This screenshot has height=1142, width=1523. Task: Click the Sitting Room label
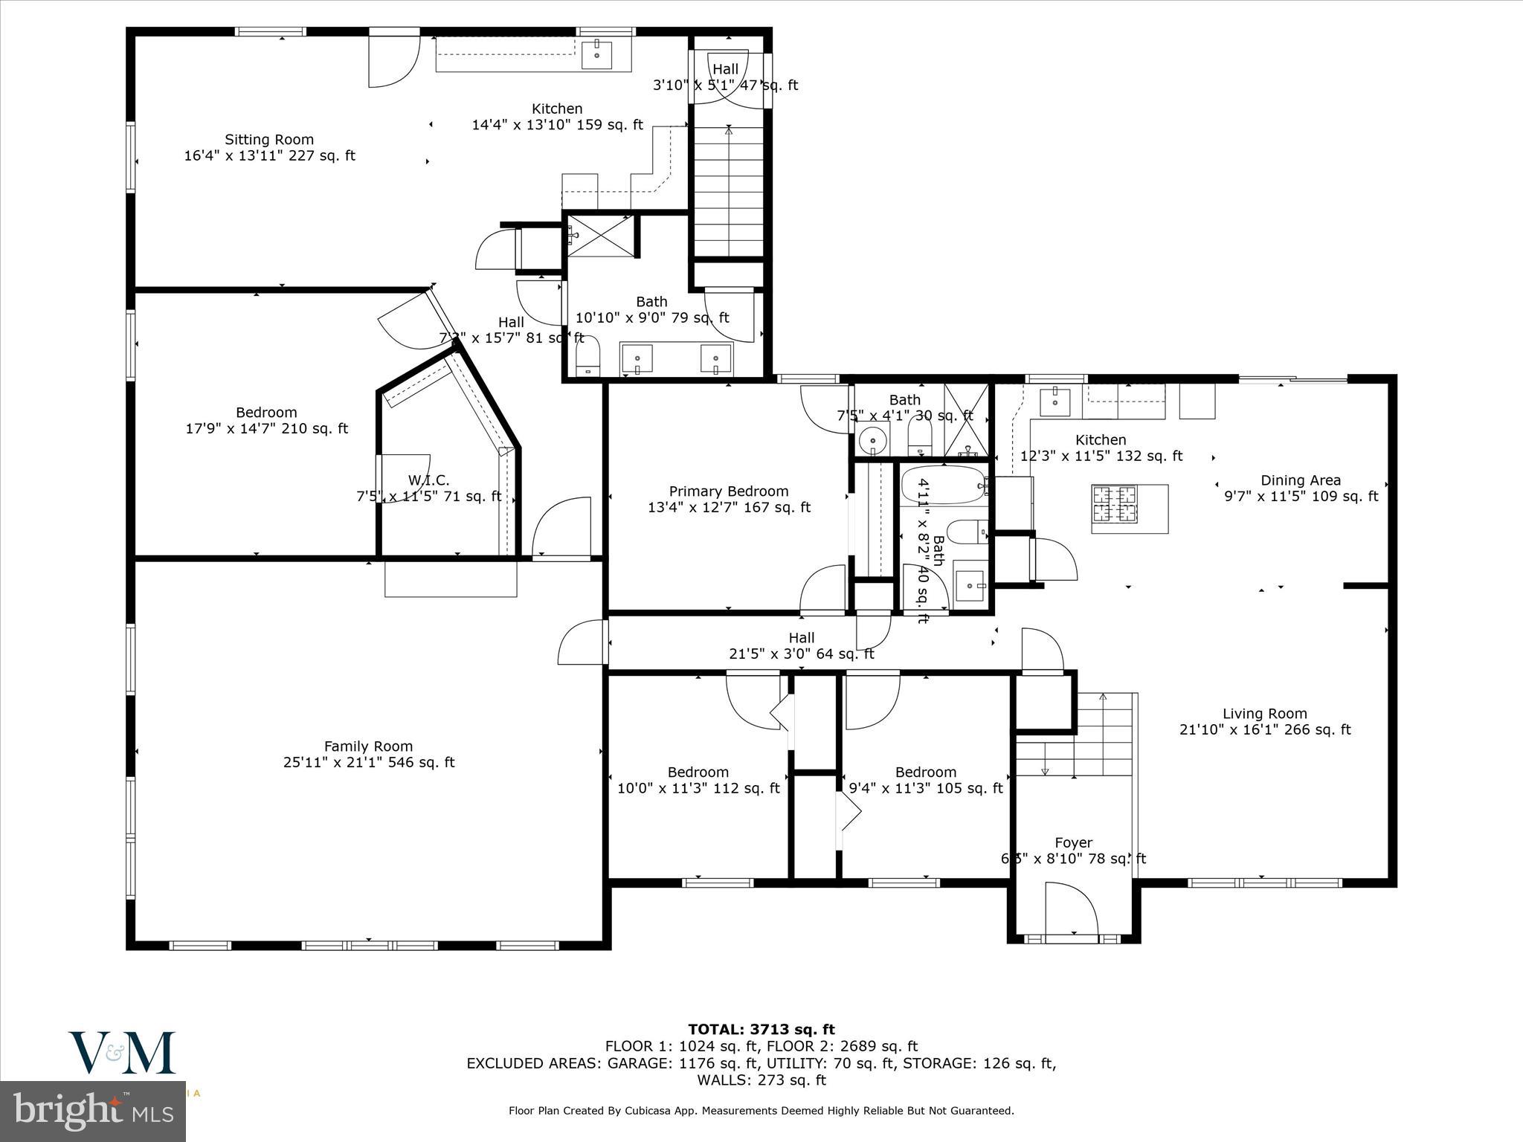[269, 140]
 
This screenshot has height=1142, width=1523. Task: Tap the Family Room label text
[368, 746]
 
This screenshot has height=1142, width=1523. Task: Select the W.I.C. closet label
[428, 480]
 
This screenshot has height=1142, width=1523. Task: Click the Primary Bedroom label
[728, 491]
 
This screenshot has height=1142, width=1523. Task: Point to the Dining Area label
[1300, 480]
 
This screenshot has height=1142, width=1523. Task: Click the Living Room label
[1264, 714]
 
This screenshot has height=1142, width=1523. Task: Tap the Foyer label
[1073, 842]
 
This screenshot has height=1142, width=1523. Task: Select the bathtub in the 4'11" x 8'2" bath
[942, 485]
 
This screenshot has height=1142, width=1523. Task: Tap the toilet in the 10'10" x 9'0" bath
[587, 358]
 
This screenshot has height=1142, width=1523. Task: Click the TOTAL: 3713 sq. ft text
[761, 1030]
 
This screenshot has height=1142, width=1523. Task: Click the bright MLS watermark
[93, 1112]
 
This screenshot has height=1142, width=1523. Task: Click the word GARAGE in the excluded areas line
[640, 1064]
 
